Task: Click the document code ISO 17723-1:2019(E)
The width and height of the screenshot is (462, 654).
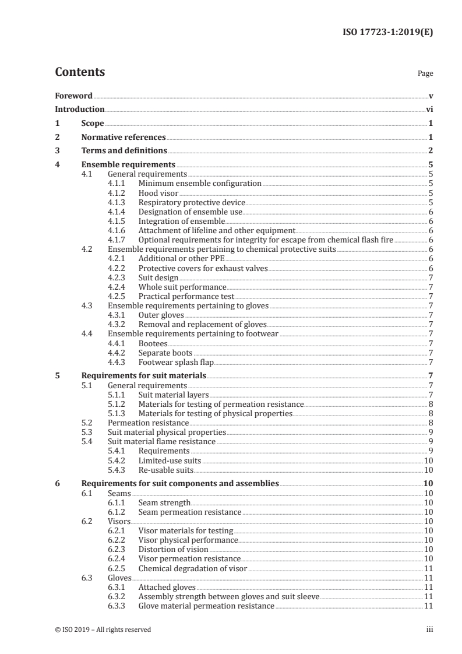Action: point(386,33)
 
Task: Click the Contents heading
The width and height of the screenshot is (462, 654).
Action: point(80,72)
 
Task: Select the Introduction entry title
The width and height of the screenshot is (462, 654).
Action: point(80,109)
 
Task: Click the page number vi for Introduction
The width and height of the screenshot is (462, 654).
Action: point(429,109)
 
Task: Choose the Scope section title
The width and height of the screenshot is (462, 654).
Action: point(93,124)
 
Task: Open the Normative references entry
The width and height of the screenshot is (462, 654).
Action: point(124,138)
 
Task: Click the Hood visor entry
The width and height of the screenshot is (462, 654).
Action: point(158,193)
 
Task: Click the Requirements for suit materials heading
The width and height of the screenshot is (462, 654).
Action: point(144,376)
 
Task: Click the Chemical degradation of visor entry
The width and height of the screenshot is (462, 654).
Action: point(193,568)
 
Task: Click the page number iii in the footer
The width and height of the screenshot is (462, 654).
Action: point(429,630)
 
